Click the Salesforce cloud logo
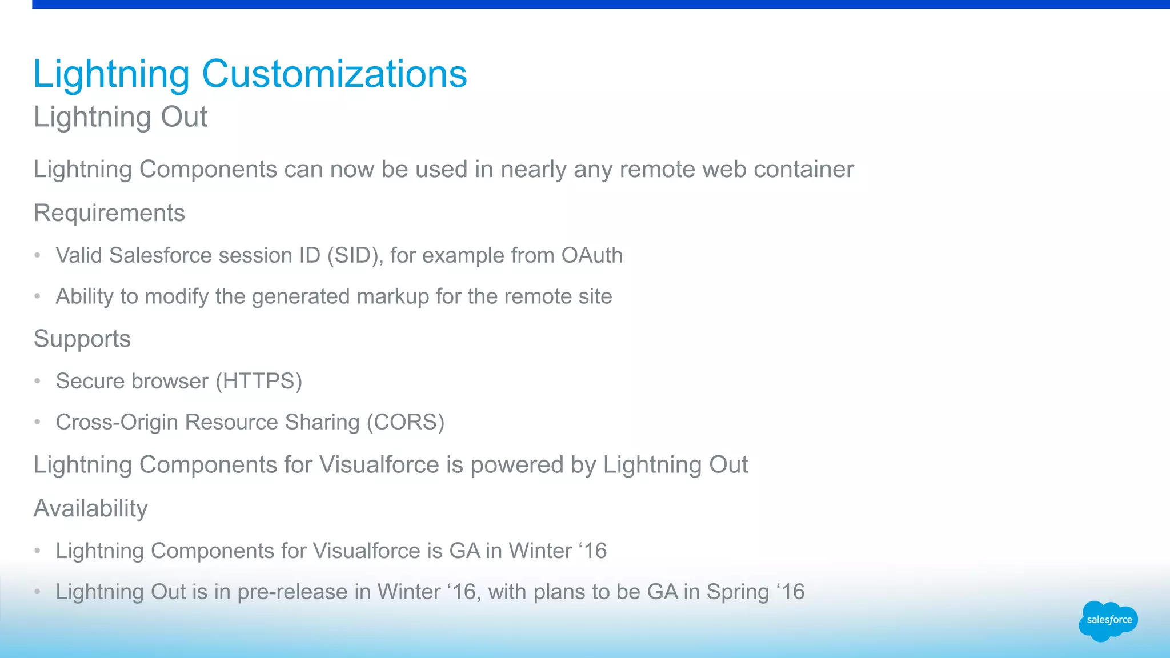pos(1108,620)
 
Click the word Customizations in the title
pos(334,74)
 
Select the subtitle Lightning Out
pos(121,117)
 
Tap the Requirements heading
pos(109,213)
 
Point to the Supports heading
pos(82,339)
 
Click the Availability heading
pos(91,508)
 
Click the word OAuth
pos(592,255)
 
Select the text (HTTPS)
pos(259,381)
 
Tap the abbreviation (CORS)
pos(405,422)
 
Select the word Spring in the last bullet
pos(738,592)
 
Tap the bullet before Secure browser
pos(38,381)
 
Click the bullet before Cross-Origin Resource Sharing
pos(38,422)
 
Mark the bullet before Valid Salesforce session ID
pos(38,255)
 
